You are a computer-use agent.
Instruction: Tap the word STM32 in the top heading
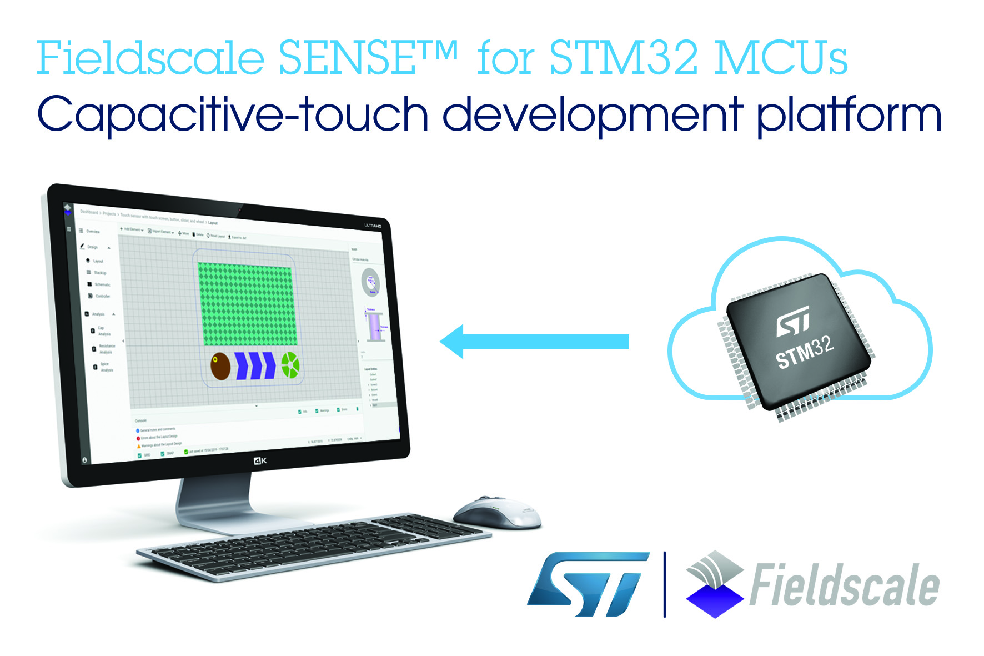623,58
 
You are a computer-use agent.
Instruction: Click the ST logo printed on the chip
794,321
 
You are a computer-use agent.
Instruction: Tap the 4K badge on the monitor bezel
260,460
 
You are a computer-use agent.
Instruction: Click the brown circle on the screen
220,366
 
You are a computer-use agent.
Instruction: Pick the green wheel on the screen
290,365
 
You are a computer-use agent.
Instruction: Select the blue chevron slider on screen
255,365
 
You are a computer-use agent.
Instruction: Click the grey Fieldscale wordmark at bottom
844,585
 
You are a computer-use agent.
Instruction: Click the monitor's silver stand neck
213,500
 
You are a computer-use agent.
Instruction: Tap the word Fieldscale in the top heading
150,58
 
